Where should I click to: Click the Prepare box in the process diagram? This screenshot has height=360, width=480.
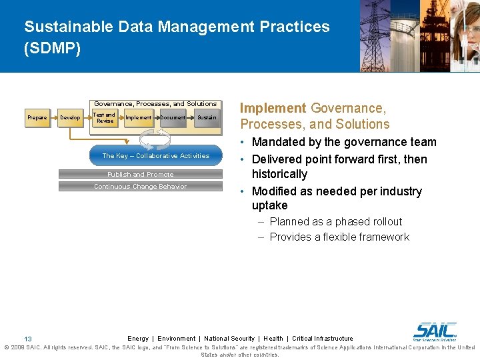click(x=37, y=118)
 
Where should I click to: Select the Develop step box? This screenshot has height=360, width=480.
click(x=70, y=118)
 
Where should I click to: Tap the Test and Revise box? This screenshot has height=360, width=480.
click(x=105, y=118)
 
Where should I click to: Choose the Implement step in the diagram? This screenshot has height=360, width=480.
click(x=139, y=118)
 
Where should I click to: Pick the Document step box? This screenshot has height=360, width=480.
click(x=173, y=118)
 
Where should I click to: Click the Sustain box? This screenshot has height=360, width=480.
click(x=206, y=118)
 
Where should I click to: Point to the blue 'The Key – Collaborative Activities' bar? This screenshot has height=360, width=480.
click(x=155, y=156)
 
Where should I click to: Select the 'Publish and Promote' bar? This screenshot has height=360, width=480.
click(x=141, y=175)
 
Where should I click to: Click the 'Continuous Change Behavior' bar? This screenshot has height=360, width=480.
click(x=141, y=187)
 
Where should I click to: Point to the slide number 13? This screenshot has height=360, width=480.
click(x=28, y=339)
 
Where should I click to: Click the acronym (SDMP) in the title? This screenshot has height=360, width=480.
click(x=52, y=49)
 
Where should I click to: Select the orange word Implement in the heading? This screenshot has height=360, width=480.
click(x=273, y=108)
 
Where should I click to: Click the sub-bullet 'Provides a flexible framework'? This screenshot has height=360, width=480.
click(x=339, y=237)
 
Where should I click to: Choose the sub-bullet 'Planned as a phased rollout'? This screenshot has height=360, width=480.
click(x=336, y=222)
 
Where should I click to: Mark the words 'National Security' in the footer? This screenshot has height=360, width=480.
click(x=229, y=339)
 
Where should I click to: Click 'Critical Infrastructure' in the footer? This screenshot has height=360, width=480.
click(x=323, y=339)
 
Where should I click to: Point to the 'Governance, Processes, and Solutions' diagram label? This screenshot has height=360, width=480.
click(x=155, y=104)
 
